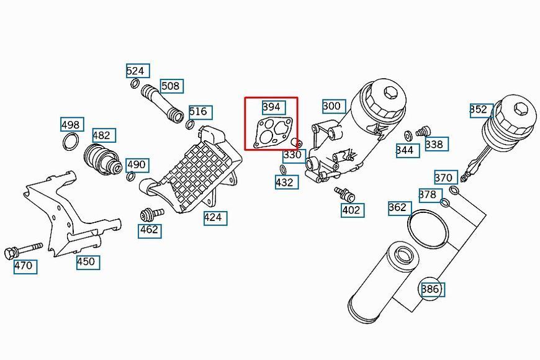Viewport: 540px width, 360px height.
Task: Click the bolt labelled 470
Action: [x=23, y=251]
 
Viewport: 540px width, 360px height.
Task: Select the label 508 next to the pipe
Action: [x=172, y=86]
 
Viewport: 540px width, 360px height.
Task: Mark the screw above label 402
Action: [x=344, y=194]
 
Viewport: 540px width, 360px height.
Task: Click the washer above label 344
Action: [x=408, y=136]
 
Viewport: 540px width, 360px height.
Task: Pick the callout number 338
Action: [x=436, y=144]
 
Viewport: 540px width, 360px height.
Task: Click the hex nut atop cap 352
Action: [x=521, y=109]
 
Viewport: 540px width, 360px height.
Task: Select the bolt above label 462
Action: [x=152, y=214]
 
